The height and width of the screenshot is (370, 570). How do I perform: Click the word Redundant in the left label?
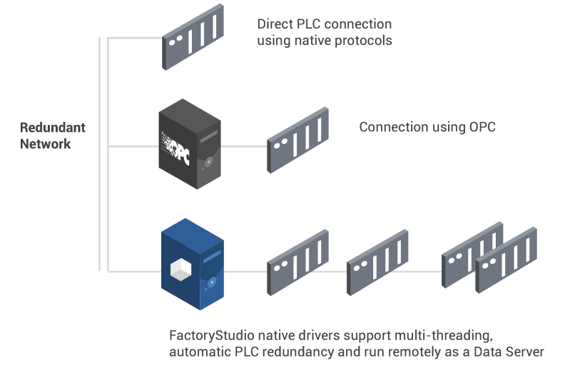click(x=53, y=128)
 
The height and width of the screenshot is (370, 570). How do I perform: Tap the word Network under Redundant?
click(x=45, y=144)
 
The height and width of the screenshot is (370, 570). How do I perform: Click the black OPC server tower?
click(x=190, y=144)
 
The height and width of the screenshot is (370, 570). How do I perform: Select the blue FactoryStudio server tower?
click(x=193, y=264)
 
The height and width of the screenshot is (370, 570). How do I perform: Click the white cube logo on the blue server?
click(x=180, y=269)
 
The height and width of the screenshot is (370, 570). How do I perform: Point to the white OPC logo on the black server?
click(x=175, y=147)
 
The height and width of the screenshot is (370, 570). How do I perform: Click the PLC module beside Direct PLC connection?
click(x=193, y=36)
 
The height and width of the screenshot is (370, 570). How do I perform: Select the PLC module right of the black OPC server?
click(x=297, y=140)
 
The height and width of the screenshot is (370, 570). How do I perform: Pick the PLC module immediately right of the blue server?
click(x=297, y=262)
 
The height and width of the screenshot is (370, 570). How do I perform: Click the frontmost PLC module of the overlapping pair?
click(x=506, y=260)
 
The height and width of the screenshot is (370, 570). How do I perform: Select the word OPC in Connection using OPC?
click(x=482, y=127)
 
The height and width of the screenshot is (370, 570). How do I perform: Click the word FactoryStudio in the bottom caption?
click(x=212, y=336)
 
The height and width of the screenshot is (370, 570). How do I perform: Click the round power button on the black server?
click(x=208, y=162)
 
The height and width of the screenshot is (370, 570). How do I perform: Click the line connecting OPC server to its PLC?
click(x=244, y=146)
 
